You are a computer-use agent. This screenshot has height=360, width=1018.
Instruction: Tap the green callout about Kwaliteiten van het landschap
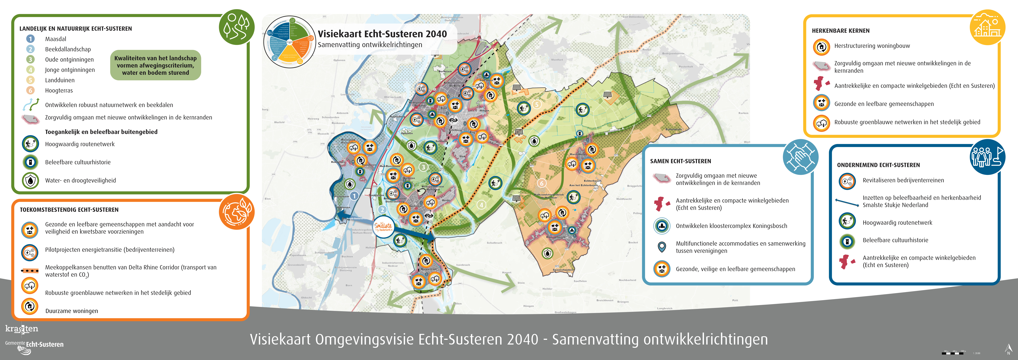(155, 65)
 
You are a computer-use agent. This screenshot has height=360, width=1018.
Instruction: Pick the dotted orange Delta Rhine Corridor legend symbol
(30, 271)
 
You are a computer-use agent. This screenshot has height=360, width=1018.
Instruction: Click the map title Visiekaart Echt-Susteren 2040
(382, 34)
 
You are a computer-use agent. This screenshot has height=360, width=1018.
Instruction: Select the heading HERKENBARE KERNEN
(841, 31)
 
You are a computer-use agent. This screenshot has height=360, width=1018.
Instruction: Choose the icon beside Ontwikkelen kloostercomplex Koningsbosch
(662, 226)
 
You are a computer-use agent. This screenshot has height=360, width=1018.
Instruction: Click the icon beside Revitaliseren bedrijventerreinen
(847, 181)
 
